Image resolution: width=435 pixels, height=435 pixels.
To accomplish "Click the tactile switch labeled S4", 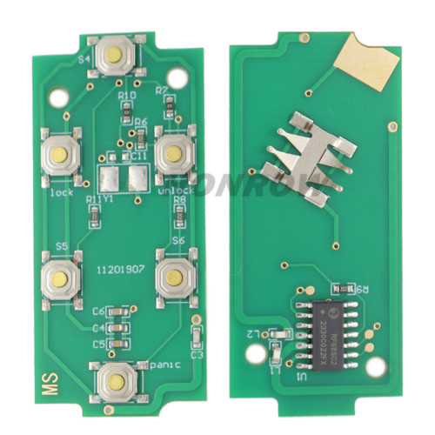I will coord(114,56).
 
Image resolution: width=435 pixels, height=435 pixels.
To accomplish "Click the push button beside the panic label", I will coord(114,379).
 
